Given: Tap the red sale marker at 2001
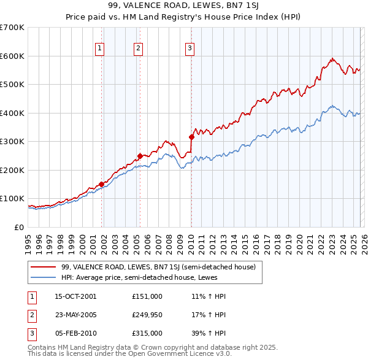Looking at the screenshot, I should click(101, 183).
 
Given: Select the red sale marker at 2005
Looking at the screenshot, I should click(140, 156).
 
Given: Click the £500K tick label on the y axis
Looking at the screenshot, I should click(12, 85).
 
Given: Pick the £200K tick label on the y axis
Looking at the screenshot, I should click(12, 170).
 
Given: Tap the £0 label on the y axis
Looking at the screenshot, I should click(18, 227).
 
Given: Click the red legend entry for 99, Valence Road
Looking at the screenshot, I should click(162, 266).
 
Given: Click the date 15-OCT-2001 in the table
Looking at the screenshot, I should click(75, 296).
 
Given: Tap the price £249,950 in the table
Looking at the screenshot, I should click(147, 315).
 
